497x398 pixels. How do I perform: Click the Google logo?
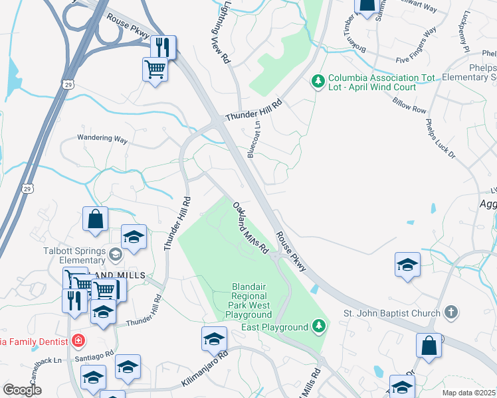pos(22,390)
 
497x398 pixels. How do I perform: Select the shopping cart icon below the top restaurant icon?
pos(155,68)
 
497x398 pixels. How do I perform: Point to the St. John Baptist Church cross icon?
pos(450,312)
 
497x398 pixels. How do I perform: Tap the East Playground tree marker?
pos(319,326)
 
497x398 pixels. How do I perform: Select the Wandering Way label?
pos(102,139)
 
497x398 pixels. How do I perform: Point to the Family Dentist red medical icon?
pos(78,341)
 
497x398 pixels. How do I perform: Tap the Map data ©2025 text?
pos(468,393)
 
